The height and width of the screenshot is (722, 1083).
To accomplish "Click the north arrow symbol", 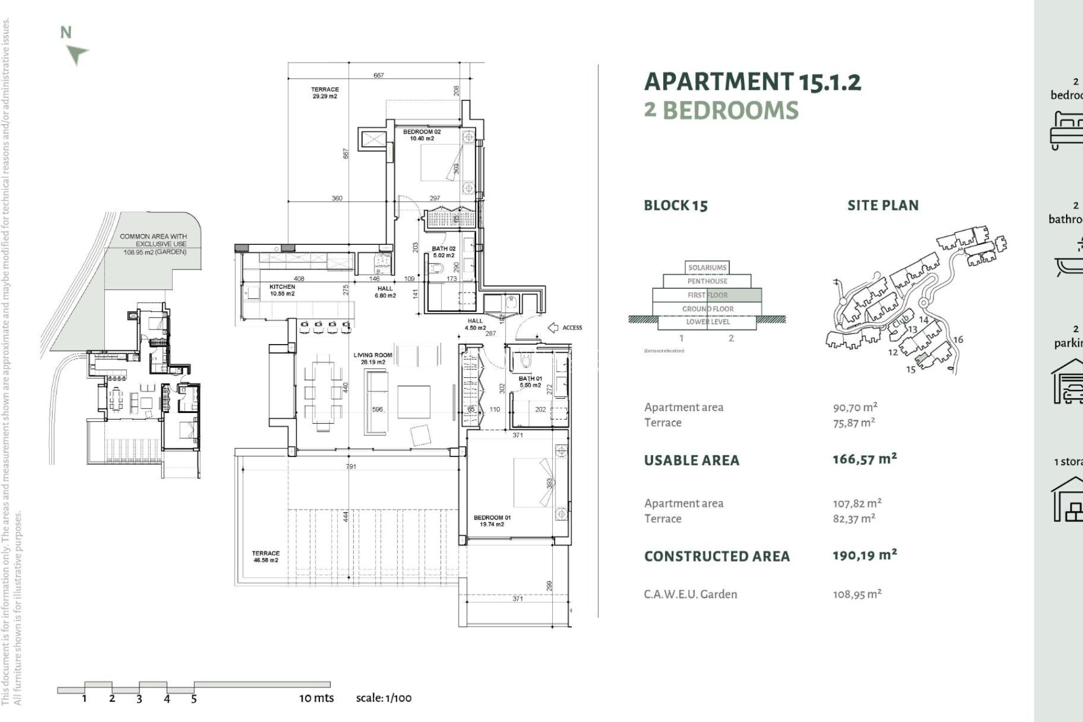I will pyautogui.click(x=77, y=54).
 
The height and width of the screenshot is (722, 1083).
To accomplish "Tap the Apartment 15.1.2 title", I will pyautogui.click(x=752, y=82).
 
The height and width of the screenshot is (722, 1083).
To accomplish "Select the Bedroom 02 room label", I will pyautogui.click(x=421, y=135).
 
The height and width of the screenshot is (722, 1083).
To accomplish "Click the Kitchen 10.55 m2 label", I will pyautogui.click(x=282, y=290).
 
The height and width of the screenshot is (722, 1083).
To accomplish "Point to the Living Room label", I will pyautogui.click(x=372, y=358).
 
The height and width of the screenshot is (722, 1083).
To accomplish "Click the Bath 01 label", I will pyautogui.click(x=530, y=381).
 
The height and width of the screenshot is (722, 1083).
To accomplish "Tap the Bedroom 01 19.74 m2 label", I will pyautogui.click(x=492, y=521).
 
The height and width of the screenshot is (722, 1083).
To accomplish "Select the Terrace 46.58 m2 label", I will pyautogui.click(x=265, y=557).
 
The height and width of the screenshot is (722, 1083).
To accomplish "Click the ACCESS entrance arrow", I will pyautogui.click(x=553, y=328).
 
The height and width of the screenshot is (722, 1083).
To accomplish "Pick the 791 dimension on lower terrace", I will pyautogui.click(x=351, y=466).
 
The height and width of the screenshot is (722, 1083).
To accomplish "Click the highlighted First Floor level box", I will pyautogui.click(x=707, y=295).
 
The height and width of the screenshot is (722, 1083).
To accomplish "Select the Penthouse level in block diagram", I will pyautogui.click(x=707, y=281).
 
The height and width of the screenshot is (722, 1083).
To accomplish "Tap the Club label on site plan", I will pyautogui.click(x=900, y=323).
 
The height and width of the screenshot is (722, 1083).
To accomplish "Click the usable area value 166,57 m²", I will pyautogui.click(x=864, y=459).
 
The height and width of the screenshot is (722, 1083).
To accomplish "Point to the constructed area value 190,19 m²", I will pyautogui.click(x=864, y=555).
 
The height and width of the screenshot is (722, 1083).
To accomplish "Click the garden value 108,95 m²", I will pyautogui.click(x=857, y=594).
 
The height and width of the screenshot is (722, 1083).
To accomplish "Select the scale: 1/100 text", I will pyautogui.click(x=384, y=698).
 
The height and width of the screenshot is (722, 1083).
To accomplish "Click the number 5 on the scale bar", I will pyautogui.click(x=193, y=699).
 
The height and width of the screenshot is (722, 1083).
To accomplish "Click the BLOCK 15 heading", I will pyautogui.click(x=675, y=205).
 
